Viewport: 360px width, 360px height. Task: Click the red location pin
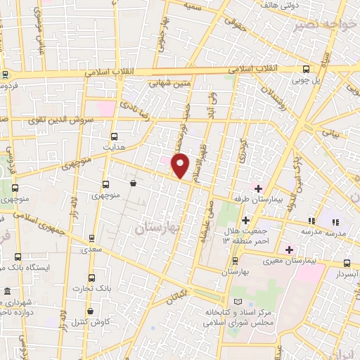point(181,166)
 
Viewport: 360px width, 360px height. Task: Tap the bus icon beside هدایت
point(115,136)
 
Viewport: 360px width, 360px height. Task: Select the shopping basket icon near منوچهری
point(133,184)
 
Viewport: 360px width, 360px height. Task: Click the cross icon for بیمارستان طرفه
point(258,188)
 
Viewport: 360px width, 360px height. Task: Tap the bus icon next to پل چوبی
point(305,69)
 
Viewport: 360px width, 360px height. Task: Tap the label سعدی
point(91,249)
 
